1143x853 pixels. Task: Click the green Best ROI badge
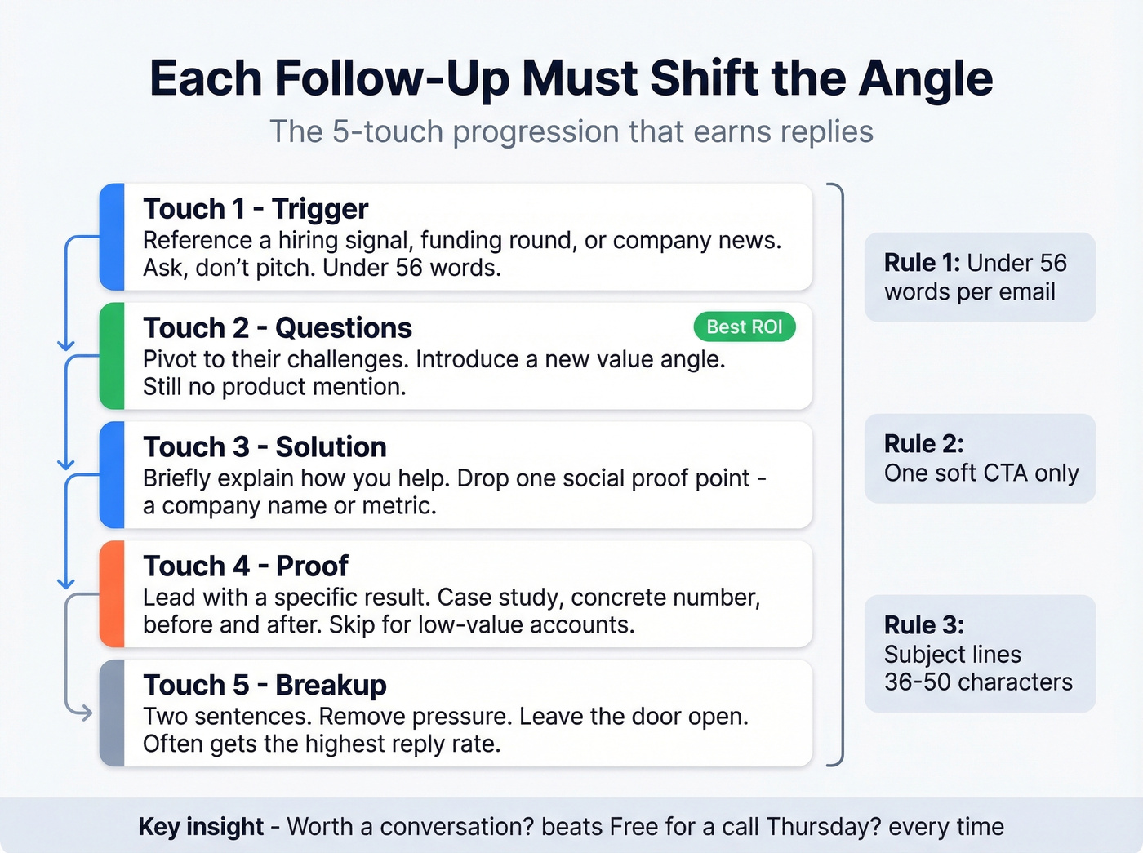tap(744, 327)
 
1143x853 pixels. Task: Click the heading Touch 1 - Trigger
tap(256, 209)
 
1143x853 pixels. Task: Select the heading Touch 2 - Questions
tap(278, 328)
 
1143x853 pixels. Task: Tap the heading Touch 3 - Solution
tap(265, 447)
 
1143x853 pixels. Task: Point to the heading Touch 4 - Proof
tap(246, 566)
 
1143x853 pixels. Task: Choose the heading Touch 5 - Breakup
tap(265, 686)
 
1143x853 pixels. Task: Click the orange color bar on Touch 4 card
tap(112, 594)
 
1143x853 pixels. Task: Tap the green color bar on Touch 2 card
tap(112, 356)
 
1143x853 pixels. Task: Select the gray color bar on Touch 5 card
tap(112, 713)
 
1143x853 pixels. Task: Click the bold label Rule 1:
tap(922, 263)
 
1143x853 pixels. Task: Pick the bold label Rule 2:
tap(923, 444)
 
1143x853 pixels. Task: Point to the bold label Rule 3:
tap(923, 625)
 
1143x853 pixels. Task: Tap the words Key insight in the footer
tap(201, 827)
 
